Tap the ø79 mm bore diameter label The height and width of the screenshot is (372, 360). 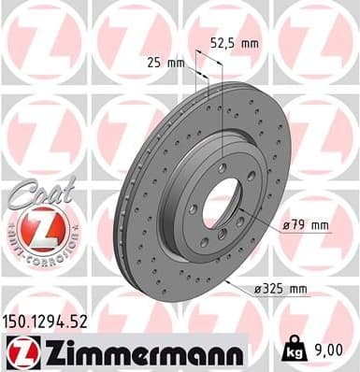[x=305, y=225]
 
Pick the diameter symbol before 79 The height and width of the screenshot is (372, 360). [x=285, y=225]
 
